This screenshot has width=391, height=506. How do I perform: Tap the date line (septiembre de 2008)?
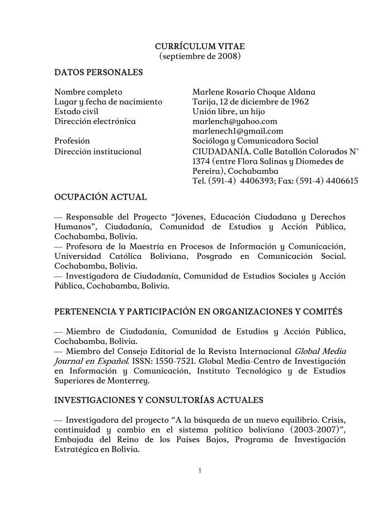(200, 56)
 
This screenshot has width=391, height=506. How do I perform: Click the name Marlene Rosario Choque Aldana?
(253, 92)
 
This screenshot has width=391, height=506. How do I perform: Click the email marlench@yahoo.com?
(234, 121)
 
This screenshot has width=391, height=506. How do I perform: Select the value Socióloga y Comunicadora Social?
(255, 141)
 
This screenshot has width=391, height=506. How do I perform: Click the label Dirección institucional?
(98, 151)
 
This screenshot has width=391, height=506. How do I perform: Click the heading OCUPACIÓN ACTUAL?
(101, 197)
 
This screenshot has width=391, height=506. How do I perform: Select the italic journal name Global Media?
(320, 351)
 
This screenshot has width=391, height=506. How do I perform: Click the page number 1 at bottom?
(200, 470)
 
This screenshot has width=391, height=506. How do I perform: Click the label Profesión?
(72, 141)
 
